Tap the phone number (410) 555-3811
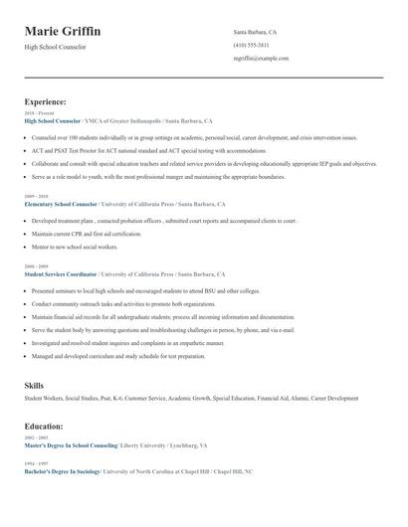pos(251,46)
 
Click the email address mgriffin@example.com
pos(261,59)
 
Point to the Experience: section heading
pos(45,101)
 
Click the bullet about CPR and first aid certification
pos(87,234)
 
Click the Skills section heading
pos(34,384)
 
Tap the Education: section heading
pos(44,427)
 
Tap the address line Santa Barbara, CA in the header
pos(255,33)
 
